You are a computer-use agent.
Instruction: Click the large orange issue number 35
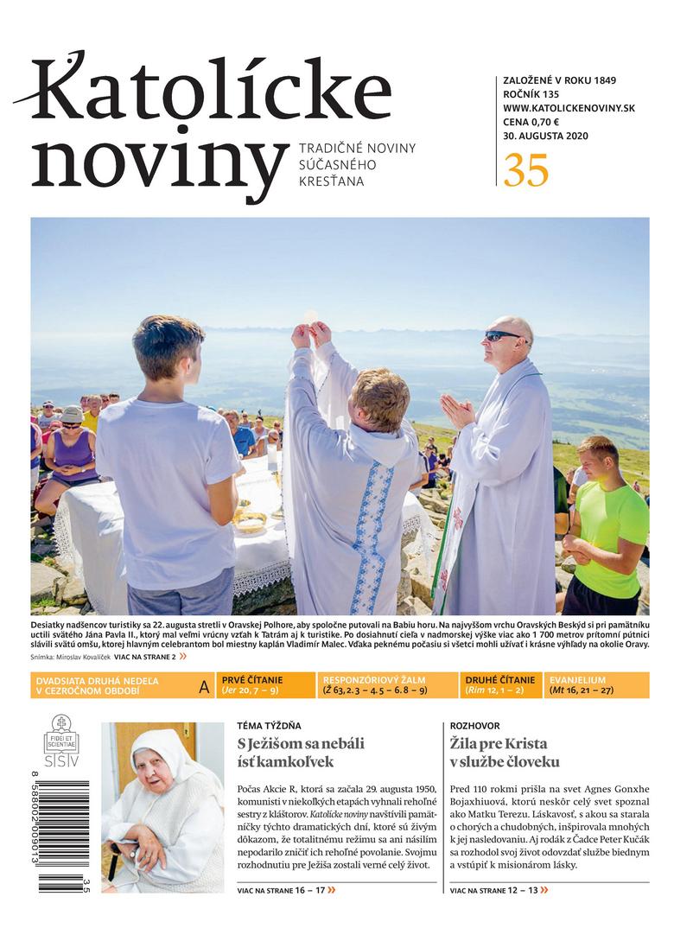526,169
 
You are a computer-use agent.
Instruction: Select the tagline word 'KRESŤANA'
331,181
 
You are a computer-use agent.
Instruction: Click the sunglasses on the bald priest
504,335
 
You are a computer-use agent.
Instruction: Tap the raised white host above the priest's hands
311,317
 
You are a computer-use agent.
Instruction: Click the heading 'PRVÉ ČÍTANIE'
252,680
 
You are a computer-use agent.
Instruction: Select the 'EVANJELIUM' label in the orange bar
576,680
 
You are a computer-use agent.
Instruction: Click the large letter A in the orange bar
204,687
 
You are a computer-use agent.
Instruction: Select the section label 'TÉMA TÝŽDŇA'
269,726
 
